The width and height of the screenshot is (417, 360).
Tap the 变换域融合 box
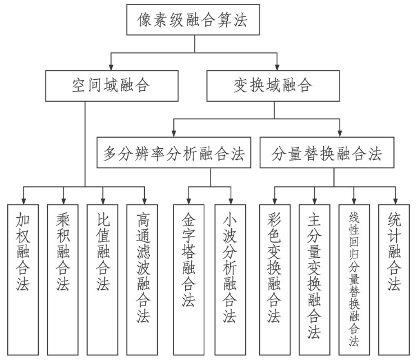(273, 85)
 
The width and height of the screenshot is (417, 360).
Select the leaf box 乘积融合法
(63, 278)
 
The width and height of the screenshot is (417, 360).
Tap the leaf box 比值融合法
(103, 278)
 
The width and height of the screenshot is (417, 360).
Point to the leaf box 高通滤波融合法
(144, 278)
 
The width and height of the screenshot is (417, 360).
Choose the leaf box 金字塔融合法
(189, 278)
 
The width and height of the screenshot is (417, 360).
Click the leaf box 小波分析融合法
(230, 278)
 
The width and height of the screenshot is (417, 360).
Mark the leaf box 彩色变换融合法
(274, 278)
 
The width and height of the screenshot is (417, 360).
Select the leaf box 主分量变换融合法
(314, 278)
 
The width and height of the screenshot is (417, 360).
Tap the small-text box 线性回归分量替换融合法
(354, 278)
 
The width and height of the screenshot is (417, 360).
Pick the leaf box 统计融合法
(395, 278)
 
